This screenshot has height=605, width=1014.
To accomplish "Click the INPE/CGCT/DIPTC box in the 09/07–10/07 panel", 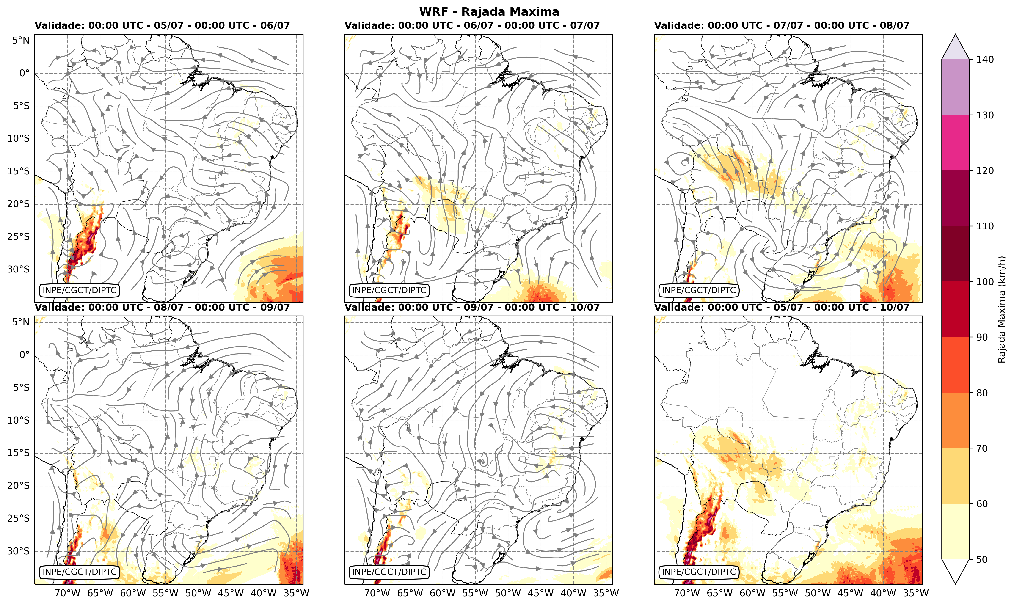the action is [x=389, y=572].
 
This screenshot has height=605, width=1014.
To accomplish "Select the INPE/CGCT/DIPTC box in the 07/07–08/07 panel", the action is [x=699, y=290].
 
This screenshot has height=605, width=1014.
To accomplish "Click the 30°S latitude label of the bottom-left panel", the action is [x=18, y=551].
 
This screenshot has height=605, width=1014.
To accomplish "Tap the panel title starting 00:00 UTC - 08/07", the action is [x=162, y=307].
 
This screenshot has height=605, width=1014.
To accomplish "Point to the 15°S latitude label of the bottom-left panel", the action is [x=18, y=453].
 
